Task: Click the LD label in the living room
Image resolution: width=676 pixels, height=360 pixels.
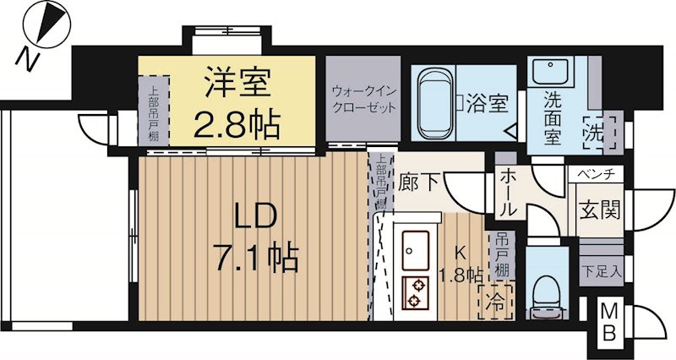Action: pyautogui.click(x=249, y=218)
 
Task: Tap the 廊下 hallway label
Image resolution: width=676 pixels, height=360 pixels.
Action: pyautogui.click(x=417, y=182)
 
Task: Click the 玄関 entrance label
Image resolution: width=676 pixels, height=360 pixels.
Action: pyautogui.click(x=598, y=209)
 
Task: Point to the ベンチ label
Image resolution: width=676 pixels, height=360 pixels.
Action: pyautogui.click(x=599, y=175)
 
